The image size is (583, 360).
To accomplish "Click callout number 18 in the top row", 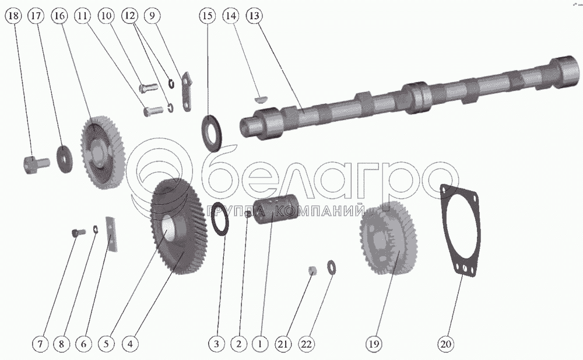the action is click(x=14, y=16).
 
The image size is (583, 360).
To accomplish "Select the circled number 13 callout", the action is click(x=254, y=16).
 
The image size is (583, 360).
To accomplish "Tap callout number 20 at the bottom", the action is click(x=446, y=343).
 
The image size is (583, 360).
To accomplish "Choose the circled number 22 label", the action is click(x=306, y=343).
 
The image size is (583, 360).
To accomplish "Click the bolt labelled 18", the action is click(x=36, y=164).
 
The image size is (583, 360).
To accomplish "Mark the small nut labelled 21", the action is click(x=314, y=270).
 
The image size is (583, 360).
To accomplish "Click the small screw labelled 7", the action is click(x=78, y=233).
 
